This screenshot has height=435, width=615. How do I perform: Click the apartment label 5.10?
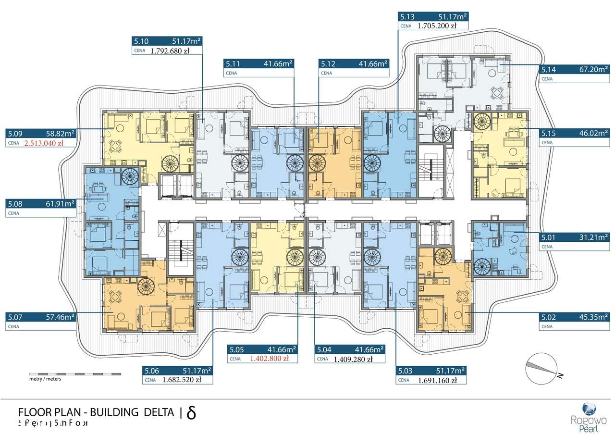pyautogui.click(x=143, y=41)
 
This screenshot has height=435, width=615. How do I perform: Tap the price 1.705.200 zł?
pyautogui.click(x=437, y=26)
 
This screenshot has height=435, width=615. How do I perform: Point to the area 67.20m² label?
pyautogui.click(x=590, y=69)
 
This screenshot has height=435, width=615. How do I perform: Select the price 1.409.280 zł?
pyautogui.click(x=353, y=359)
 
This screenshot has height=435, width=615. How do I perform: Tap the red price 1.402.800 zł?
pyautogui.click(x=269, y=359)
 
